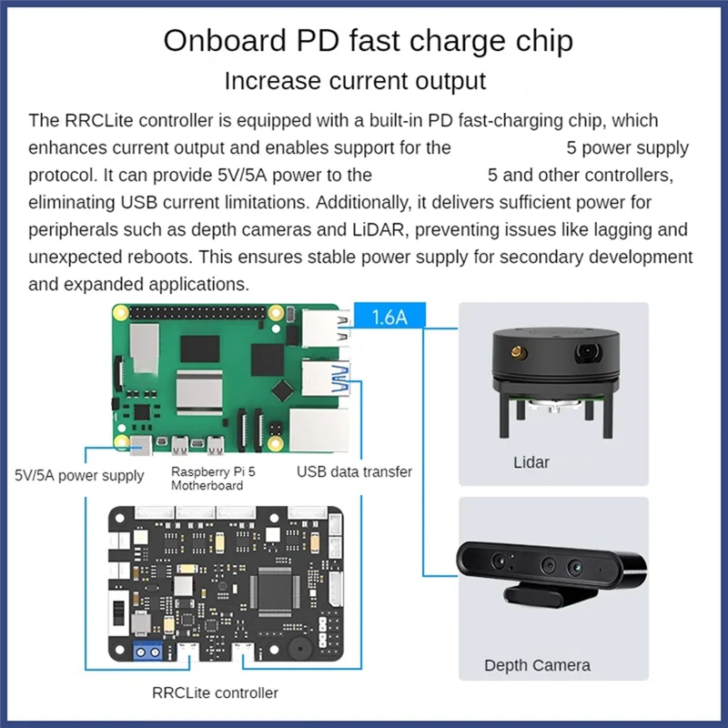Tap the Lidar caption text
point(531,462)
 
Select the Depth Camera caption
point(537,665)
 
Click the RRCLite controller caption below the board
point(216,693)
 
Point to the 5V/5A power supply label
point(79,475)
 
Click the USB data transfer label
point(354,471)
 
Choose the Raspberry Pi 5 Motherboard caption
point(214,479)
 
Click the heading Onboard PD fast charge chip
point(368,41)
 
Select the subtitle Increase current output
point(355,80)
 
